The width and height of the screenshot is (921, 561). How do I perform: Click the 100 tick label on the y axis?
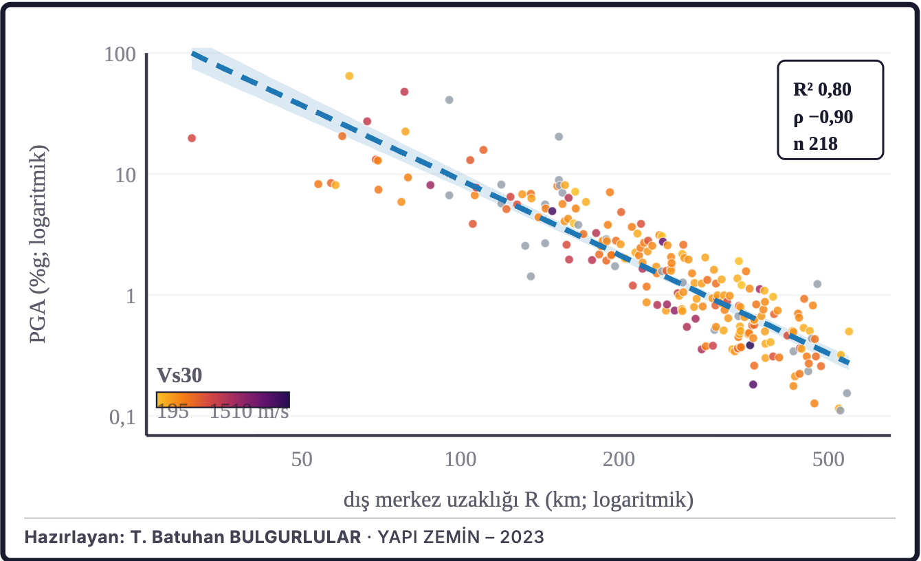point(120,54)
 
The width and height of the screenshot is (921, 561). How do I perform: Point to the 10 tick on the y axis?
point(125,175)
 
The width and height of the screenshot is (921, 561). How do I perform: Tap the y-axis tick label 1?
point(131,296)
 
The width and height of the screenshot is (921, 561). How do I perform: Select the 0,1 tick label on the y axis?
point(122,417)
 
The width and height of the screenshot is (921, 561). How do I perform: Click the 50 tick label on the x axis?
point(302,459)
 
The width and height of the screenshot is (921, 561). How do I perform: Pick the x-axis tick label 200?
point(619,459)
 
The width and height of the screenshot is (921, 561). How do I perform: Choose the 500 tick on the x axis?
point(828,459)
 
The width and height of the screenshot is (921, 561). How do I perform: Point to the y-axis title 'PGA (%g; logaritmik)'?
point(38,244)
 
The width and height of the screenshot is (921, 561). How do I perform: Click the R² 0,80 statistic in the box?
point(822,89)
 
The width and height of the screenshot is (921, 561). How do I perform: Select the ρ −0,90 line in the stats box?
point(823,117)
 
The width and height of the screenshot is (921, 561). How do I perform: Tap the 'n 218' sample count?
point(815,144)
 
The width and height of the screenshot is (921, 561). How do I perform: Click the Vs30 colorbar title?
point(179,375)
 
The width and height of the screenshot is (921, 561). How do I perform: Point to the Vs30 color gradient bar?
point(223,399)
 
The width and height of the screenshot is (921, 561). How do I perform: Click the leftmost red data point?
point(192,138)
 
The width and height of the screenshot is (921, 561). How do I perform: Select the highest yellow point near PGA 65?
point(349,76)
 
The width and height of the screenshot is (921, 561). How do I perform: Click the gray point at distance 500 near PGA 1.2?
point(817,284)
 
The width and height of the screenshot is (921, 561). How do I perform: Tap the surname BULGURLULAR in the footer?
point(296,537)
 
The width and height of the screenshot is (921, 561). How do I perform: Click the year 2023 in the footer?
point(522,537)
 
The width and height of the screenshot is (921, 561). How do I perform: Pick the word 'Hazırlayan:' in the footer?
point(74,537)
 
